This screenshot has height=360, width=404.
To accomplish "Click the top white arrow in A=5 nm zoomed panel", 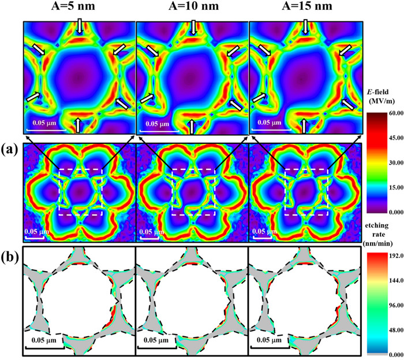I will pyautogui.click(x=79, y=25).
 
